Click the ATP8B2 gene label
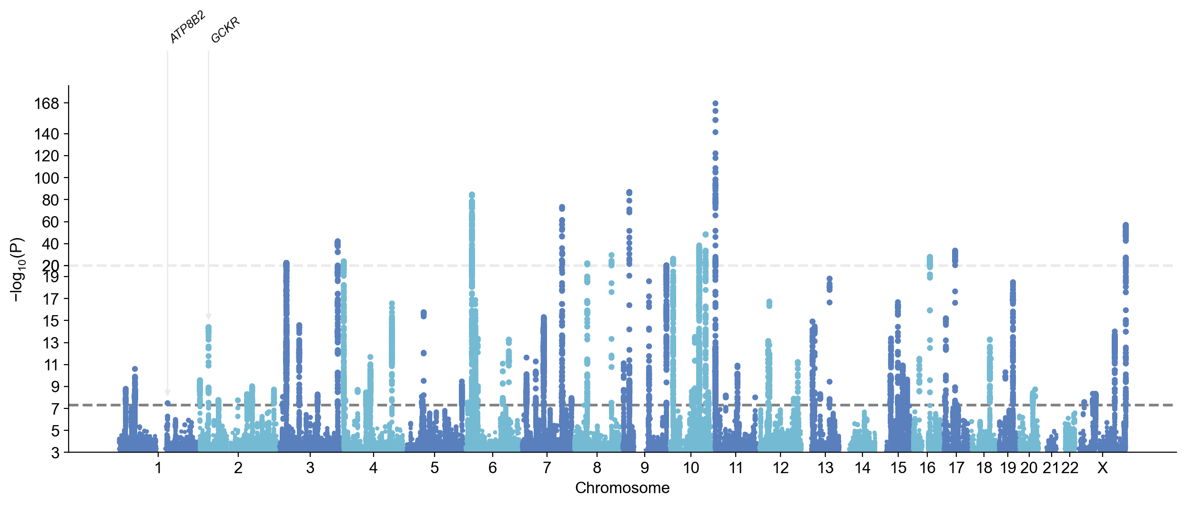coord(188,28)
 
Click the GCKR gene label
coord(225,30)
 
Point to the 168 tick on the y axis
coord(46,103)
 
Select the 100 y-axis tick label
coord(46,178)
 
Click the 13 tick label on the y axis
coord(50,343)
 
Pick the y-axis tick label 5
coord(55,431)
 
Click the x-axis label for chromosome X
coord(1102,468)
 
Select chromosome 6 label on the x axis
coord(493,468)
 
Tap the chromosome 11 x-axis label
coord(736,468)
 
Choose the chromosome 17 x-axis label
coord(956,468)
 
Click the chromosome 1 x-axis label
coord(158,468)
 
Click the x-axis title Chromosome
coord(622,488)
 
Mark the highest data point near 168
coord(715,103)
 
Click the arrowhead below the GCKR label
coord(208,317)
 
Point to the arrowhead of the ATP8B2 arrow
coord(167,393)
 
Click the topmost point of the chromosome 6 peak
coord(472,195)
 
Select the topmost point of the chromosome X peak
coord(1125,225)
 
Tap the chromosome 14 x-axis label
coord(862,468)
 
